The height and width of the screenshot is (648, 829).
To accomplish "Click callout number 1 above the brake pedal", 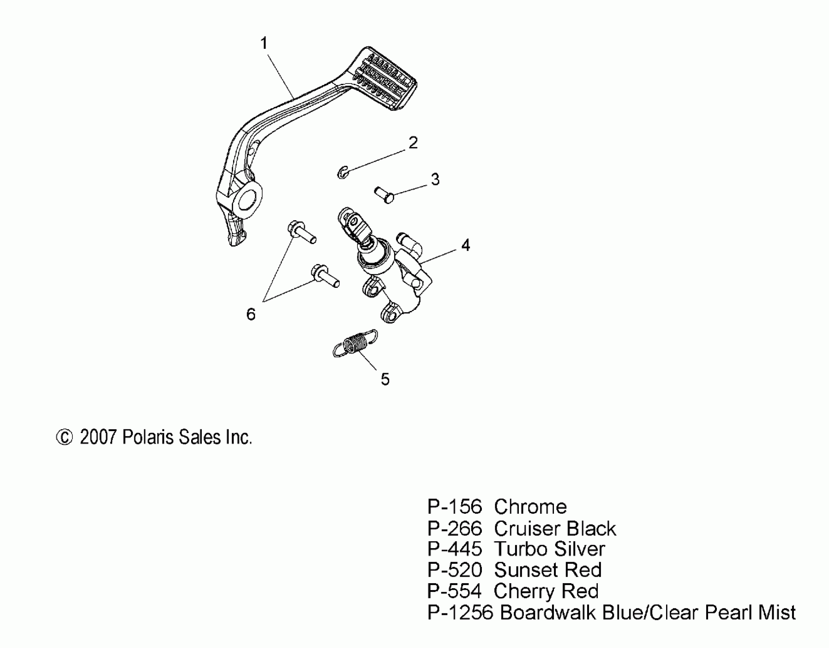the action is [x=264, y=43].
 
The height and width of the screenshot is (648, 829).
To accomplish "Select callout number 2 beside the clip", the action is [x=413, y=143].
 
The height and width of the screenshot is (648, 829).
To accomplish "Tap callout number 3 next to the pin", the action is [x=435, y=179].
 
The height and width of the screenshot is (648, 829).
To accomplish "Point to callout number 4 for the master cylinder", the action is [x=465, y=245].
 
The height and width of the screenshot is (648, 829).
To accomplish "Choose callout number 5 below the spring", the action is [x=385, y=379].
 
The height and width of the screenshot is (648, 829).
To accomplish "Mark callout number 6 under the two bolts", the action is [x=251, y=314].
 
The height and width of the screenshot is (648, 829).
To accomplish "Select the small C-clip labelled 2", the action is [x=343, y=173].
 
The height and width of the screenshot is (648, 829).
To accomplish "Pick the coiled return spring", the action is [x=356, y=343].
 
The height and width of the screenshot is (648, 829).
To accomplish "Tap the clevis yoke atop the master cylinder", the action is [x=354, y=225].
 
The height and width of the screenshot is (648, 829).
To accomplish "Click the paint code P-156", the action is [x=454, y=507].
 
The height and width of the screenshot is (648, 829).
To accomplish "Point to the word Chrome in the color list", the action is [x=530, y=507].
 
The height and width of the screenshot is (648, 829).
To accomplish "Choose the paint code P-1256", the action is [x=460, y=613].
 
